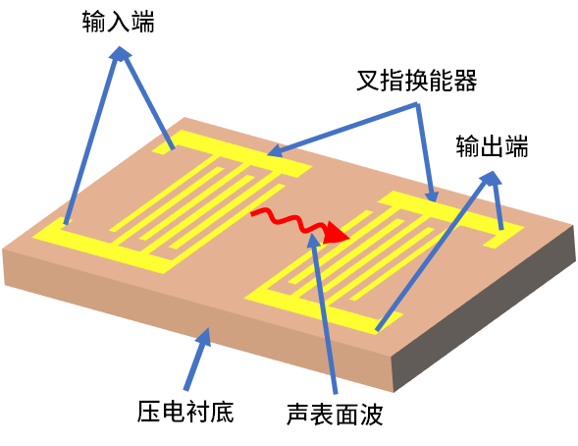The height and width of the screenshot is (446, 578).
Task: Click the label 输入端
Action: click(119, 22)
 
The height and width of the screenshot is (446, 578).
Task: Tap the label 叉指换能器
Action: click(416, 80)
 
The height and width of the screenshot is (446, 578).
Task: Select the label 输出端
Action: click(492, 146)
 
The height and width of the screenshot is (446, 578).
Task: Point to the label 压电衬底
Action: click(185, 411)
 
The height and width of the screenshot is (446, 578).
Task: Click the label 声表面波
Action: click(335, 414)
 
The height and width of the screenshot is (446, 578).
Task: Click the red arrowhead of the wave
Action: click(338, 234)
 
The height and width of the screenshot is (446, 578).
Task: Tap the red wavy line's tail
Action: click(253, 212)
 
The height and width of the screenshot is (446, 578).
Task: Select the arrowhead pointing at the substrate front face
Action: click(204, 338)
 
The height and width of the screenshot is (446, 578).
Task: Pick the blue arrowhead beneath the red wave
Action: click(314, 240)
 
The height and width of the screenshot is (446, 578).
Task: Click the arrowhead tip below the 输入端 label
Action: click(120, 46)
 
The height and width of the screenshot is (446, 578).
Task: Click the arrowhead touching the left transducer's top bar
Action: click(274, 151)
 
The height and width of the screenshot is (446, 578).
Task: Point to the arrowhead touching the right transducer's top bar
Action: click(432, 195)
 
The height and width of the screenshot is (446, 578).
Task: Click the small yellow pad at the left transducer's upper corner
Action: click(164, 148)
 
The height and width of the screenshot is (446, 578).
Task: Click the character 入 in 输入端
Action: click(119, 22)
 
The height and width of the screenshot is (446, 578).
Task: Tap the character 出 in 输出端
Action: click(492, 146)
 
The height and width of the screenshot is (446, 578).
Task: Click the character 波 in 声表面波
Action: click(372, 414)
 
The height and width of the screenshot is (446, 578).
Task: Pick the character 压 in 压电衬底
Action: click(148, 411)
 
